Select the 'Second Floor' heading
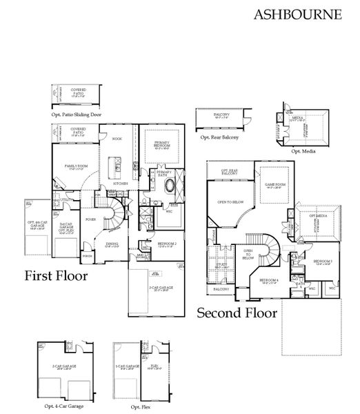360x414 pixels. point(237,313)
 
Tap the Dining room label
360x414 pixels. point(111,244)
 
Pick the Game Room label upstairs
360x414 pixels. point(275,185)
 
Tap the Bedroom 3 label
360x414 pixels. point(323,262)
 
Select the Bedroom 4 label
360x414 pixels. point(270,281)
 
